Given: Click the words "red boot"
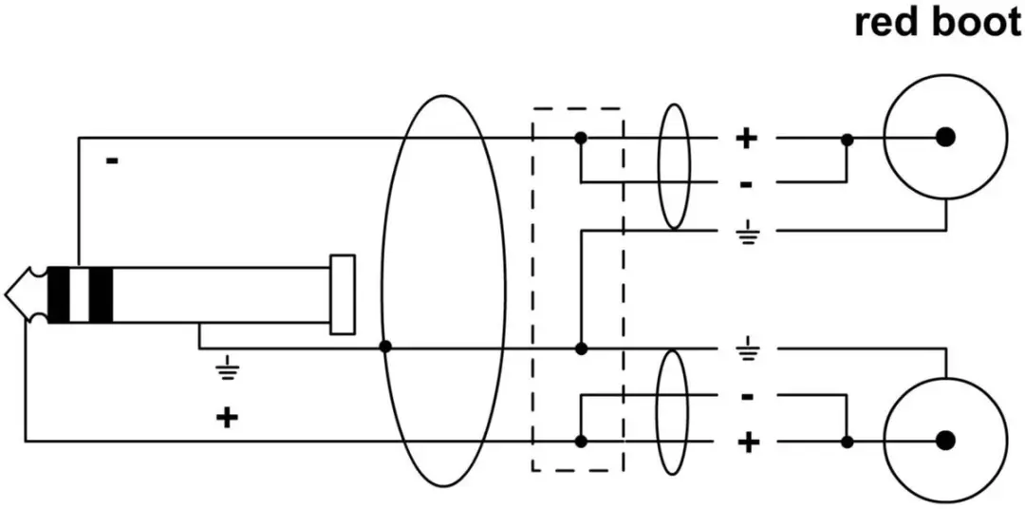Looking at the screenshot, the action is (938, 23).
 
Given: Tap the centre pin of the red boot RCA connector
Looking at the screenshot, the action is (944, 137).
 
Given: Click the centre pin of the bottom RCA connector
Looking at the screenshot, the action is (944, 441).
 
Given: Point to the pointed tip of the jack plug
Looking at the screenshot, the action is (6, 294).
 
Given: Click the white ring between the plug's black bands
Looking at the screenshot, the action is (79, 295).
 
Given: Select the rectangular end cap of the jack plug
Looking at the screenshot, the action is (343, 294).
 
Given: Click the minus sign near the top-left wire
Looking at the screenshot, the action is (112, 160).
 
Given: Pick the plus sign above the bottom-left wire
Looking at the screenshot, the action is (227, 417).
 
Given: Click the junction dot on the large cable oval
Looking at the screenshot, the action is (385, 347).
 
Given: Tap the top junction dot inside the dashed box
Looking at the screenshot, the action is (580, 138).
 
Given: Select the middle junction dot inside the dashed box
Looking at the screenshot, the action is (581, 349).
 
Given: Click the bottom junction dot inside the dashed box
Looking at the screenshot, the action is (580, 442).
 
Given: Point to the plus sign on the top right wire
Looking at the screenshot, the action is (747, 138).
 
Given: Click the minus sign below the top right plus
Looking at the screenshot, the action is (747, 185).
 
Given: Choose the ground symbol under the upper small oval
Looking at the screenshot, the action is (747, 232).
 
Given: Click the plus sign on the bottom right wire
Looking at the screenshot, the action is (748, 443).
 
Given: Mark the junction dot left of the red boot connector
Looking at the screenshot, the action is (848, 140).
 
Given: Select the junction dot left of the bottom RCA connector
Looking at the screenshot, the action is (848, 442).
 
